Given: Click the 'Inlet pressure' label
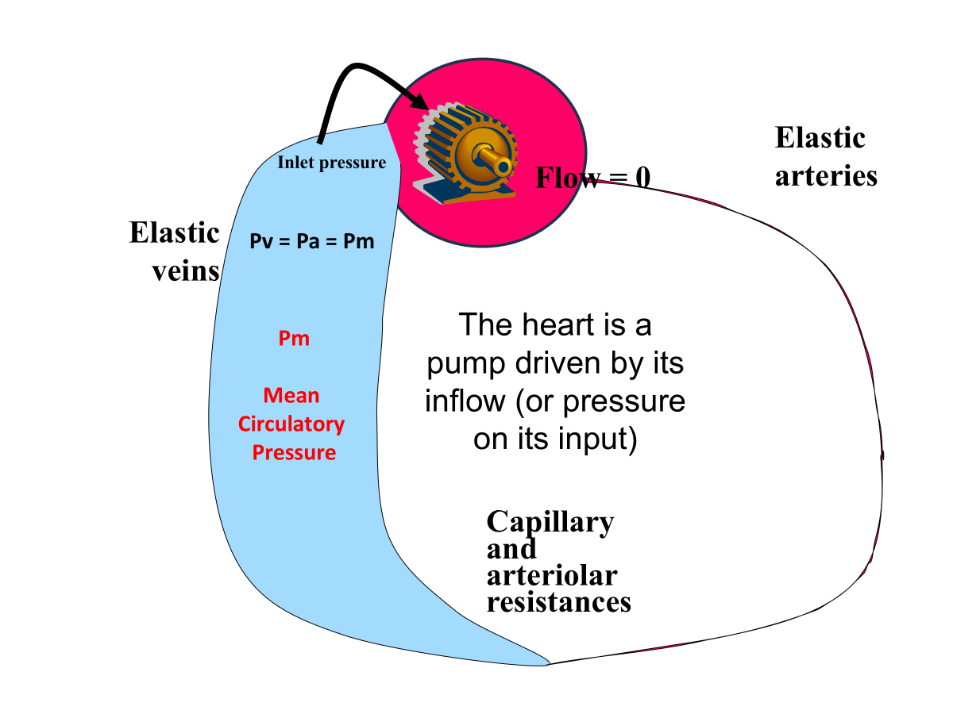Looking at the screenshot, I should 331,163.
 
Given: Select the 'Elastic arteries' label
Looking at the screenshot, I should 826,156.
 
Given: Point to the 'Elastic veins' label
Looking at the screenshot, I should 175,251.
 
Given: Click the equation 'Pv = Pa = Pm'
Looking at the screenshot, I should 311,241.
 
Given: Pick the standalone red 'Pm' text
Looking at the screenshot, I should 293,339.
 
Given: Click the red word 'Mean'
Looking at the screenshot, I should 291,395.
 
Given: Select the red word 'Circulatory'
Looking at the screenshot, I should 291,424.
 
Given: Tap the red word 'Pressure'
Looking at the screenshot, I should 294,453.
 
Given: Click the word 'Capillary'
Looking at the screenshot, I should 550,522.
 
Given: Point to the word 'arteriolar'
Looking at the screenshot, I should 552,575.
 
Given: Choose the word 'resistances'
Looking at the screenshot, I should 558,601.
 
